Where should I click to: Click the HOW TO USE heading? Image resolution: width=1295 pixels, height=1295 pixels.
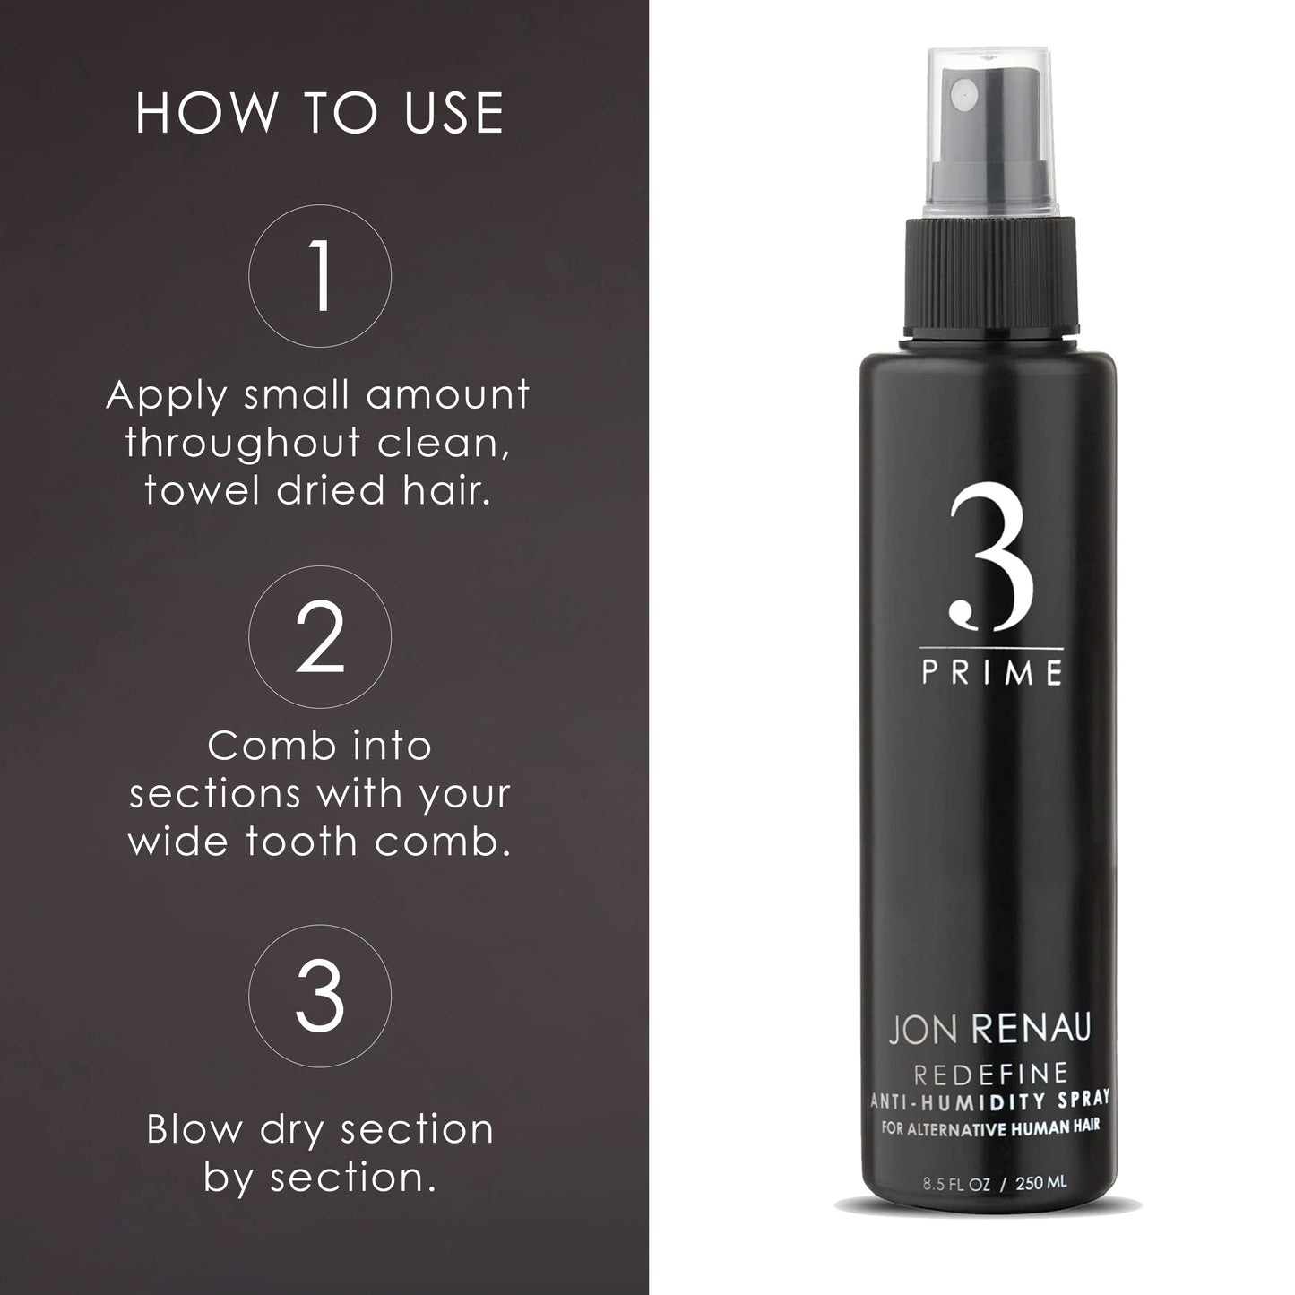[319, 114]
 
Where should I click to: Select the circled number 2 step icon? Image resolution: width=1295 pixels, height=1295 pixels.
[320, 636]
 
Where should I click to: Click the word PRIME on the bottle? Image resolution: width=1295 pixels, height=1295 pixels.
[992, 673]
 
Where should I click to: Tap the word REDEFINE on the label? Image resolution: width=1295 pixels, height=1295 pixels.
[991, 1073]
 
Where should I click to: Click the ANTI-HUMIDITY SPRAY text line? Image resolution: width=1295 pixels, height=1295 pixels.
[991, 1097]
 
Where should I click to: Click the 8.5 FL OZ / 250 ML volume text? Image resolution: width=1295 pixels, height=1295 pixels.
[994, 1183]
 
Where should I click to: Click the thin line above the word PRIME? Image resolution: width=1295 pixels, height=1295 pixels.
[991, 648]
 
